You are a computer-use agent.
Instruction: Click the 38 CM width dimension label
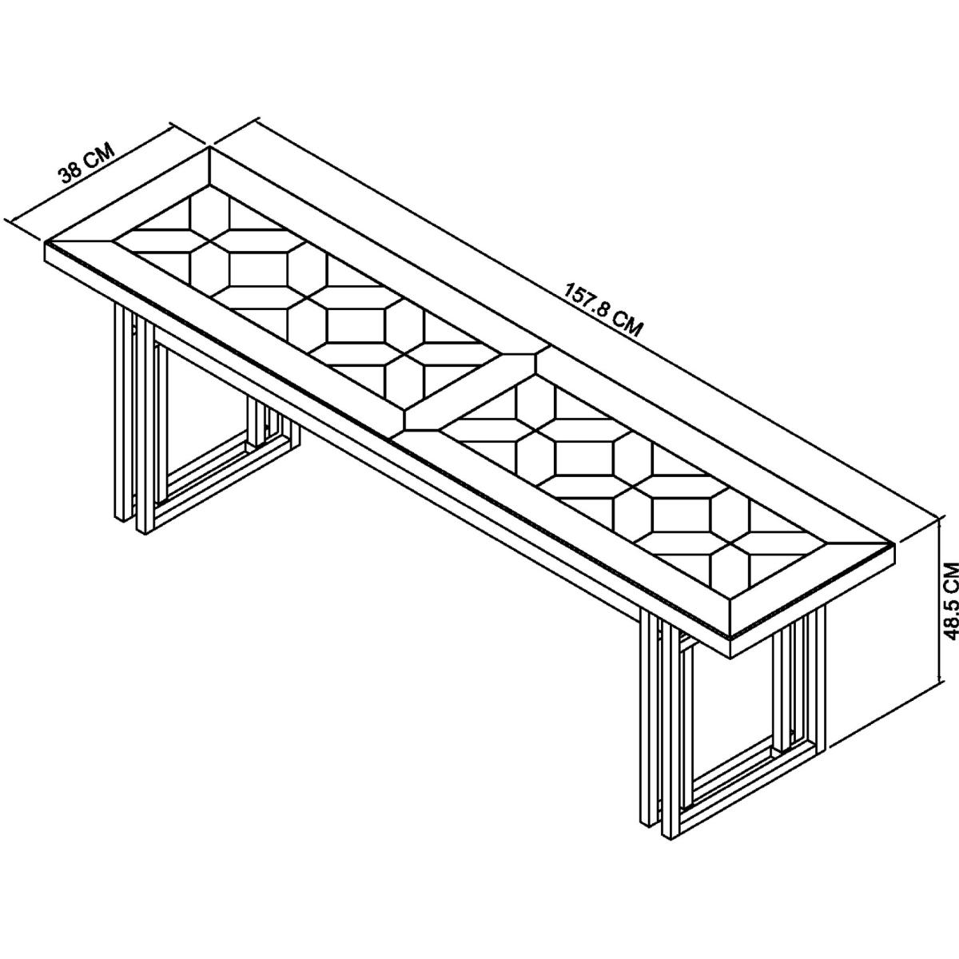tap(87, 163)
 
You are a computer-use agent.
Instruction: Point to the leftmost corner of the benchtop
tap(46, 244)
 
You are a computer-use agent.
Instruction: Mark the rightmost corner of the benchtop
tap(895, 546)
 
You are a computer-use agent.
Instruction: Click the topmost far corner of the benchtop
tap(209, 148)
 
